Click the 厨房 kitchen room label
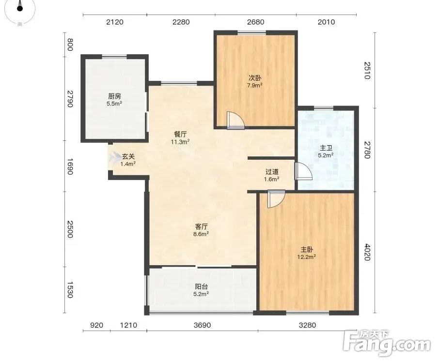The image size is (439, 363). (x=114, y=96)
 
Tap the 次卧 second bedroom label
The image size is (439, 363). (x=254, y=78)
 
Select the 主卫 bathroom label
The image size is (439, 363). (x=326, y=148)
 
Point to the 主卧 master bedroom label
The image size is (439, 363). (x=307, y=249)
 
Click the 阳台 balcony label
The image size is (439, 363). (x=201, y=287)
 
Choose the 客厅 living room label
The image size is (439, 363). (x=201, y=226)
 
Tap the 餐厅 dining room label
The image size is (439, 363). (x=180, y=134)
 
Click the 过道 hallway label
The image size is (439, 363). (x=271, y=172)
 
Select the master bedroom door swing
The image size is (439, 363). (x=276, y=199)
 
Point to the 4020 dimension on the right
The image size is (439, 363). (x=367, y=252)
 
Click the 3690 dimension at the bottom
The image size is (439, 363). (x=202, y=325)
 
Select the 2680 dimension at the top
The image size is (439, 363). (x=256, y=22)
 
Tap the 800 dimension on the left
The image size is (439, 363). (x=70, y=45)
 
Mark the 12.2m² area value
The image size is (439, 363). (x=307, y=257)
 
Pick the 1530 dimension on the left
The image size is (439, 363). (x=70, y=290)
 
